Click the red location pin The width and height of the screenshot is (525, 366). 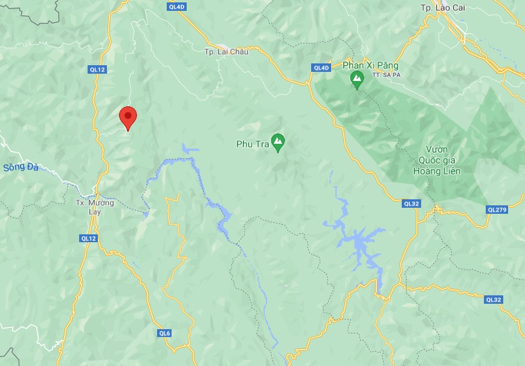coord(127,117)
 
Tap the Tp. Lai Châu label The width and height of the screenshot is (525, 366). coord(218,52)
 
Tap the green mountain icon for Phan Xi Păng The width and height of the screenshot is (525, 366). coord(357,79)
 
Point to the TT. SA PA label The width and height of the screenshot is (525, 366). coord(387,75)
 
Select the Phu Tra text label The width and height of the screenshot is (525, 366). coord(252,144)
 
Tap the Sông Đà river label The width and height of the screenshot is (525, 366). coord(20,167)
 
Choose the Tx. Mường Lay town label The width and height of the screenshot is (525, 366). coord(94,207)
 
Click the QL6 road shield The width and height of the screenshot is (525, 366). coord(165,333)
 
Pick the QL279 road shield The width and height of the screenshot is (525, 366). coord(497,210)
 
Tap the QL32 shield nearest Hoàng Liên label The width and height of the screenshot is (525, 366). coord(411,204)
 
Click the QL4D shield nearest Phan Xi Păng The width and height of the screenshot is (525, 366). coord(321,68)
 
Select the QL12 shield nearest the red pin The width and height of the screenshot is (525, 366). coord(97,70)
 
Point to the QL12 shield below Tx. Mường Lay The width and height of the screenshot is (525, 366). coord(88,239)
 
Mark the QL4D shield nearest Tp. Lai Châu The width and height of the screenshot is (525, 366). coord(176,7)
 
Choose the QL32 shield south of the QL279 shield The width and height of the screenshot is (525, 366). coord(494,300)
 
